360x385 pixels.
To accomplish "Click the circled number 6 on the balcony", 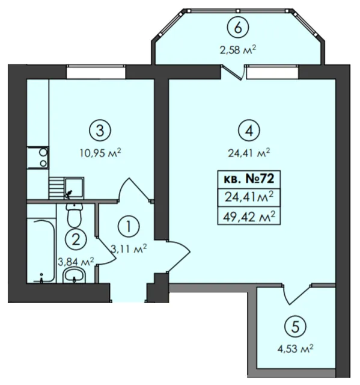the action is pyautogui.click(x=238, y=28).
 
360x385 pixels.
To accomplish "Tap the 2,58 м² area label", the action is pyautogui.click(x=238, y=50).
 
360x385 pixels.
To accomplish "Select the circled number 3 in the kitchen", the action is pyautogui.click(x=100, y=131).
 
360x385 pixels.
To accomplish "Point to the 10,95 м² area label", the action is pyautogui.click(x=100, y=153).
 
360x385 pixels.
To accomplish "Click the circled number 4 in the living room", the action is pyautogui.click(x=249, y=131).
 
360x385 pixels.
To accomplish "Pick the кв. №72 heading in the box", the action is pyautogui.click(x=249, y=179).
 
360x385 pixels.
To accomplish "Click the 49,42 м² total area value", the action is pyautogui.click(x=249, y=217).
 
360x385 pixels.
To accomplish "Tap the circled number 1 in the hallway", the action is pyautogui.click(x=129, y=226).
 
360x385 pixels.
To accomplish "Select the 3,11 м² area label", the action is pyautogui.click(x=129, y=249).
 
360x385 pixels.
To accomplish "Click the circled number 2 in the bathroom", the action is pyautogui.click(x=76, y=239).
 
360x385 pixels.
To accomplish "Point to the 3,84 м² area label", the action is pyautogui.click(x=76, y=262).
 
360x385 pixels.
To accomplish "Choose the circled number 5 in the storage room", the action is pyautogui.click(x=295, y=327).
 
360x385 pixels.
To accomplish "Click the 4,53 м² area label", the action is pyautogui.click(x=295, y=349).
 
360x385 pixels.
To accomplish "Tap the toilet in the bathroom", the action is pyautogui.click(x=75, y=215).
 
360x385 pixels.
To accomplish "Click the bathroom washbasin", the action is pyautogui.click(x=75, y=276).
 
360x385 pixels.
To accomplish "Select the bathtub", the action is pyautogui.click(x=41, y=250).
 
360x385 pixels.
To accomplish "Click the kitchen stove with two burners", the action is pyautogui.click(x=38, y=158).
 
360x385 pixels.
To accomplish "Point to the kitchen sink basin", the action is pyautogui.click(x=74, y=188).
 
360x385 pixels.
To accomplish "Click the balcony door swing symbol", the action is pyautogui.click(x=233, y=72).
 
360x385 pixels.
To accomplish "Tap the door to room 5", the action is pyautogui.click(x=297, y=294).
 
